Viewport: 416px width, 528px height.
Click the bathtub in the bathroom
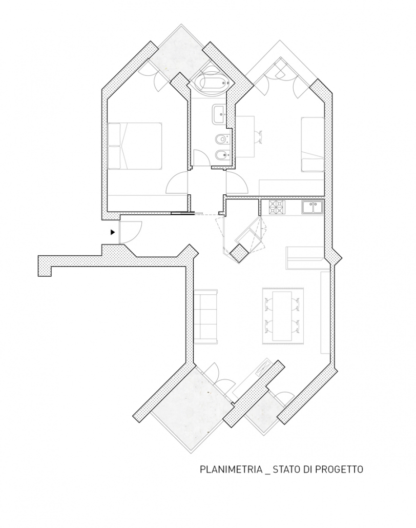point(212,83)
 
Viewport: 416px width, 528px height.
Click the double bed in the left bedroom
point(135,146)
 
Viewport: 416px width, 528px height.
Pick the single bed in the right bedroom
point(313,144)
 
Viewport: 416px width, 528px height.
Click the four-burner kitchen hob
point(277,207)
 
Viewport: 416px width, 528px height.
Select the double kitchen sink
point(313,207)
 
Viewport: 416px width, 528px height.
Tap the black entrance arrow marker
point(113,232)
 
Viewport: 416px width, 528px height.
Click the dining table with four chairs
point(282,316)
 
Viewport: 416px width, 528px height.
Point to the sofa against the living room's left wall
point(205,316)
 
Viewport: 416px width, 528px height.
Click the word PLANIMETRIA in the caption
point(231,469)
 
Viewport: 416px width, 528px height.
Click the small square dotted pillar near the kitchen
point(239,253)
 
